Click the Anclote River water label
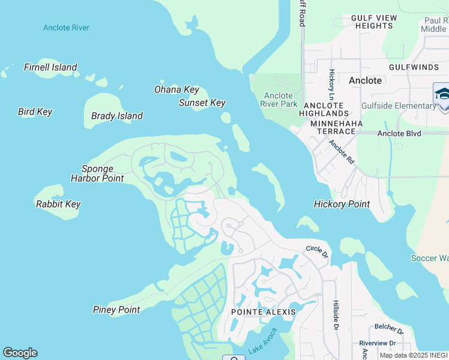click(x=66, y=28)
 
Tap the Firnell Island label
click(x=50, y=67)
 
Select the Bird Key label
click(x=35, y=112)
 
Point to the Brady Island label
click(x=116, y=116)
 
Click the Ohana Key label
click(x=176, y=89)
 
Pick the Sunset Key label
click(x=202, y=103)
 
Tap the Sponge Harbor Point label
click(x=97, y=173)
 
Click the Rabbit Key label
click(x=58, y=204)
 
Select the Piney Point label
click(x=116, y=310)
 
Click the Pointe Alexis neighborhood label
click(x=264, y=312)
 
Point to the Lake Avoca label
click(x=263, y=340)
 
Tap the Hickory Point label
click(x=342, y=204)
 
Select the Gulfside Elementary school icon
click(x=442, y=95)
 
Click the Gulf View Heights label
click(x=374, y=22)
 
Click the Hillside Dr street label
click(x=336, y=315)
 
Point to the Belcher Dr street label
click(x=389, y=330)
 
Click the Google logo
click(x=20, y=353)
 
